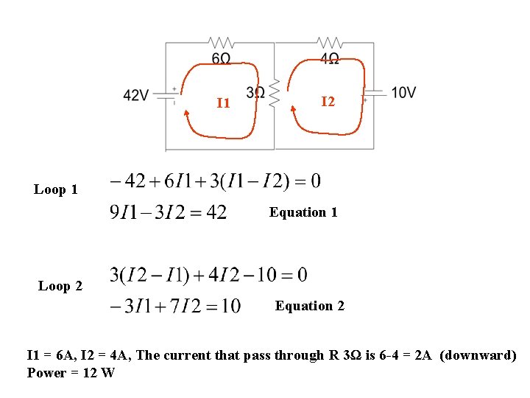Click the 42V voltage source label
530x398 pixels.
136,95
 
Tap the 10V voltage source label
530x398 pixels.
403,92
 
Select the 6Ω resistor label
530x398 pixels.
221,58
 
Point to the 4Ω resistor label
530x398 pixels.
329,58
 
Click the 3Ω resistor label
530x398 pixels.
255,92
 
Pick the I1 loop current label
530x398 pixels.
223,102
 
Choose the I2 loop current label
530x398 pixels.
328,101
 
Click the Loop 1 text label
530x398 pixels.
56,189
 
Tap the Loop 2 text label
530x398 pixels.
60,286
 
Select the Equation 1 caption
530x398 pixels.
303,212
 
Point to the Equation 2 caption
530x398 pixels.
309,305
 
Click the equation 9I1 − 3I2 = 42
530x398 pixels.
168,213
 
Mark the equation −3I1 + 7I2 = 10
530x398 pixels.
174,306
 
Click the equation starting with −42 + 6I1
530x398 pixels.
214,181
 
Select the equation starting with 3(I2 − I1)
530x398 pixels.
208,276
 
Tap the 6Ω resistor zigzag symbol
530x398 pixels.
221,42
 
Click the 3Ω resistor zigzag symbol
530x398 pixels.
274,93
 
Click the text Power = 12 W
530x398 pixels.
71,372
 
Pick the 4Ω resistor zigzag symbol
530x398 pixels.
329,42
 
